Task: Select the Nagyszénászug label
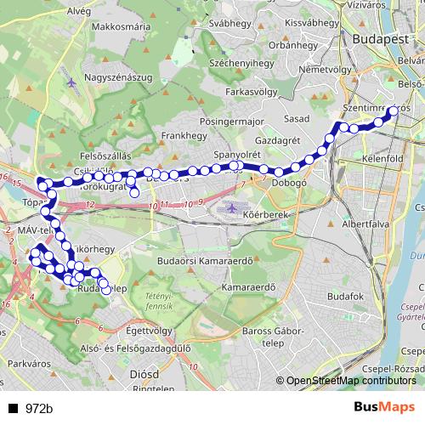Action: click(x=118, y=77)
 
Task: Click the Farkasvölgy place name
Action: click(x=254, y=89)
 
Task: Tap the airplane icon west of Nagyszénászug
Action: click(x=71, y=83)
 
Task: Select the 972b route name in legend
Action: click(x=39, y=409)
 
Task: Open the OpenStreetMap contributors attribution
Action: click(x=350, y=380)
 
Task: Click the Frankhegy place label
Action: click(x=181, y=135)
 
